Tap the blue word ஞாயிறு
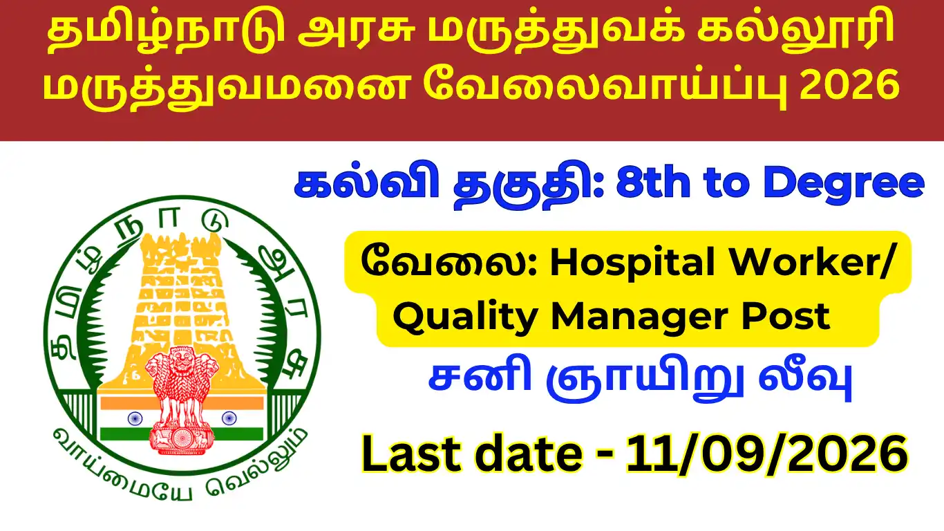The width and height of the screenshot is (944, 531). coord(645,380)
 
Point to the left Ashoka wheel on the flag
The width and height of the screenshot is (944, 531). coord(135,418)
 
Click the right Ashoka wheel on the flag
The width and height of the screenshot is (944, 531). coord(229,418)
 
